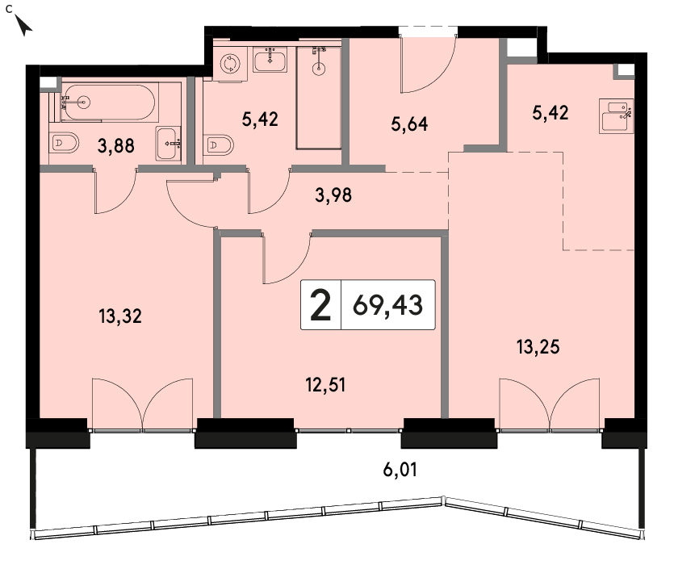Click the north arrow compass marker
point(23,25)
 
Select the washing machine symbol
point(230,64)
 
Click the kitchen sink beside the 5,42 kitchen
point(616,116)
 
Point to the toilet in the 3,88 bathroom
point(64,142)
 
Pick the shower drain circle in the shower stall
point(319,69)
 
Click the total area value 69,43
point(387,305)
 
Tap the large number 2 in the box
point(320,305)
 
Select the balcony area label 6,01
point(400,470)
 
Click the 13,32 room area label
point(120,316)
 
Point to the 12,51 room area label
point(325,385)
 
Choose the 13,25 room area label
point(538,346)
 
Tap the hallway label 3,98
point(333,195)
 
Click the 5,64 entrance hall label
point(409,123)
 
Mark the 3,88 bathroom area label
point(115,146)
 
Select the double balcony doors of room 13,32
point(142,404)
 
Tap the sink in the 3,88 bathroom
point(169,144)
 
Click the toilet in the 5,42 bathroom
point(219,145)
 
